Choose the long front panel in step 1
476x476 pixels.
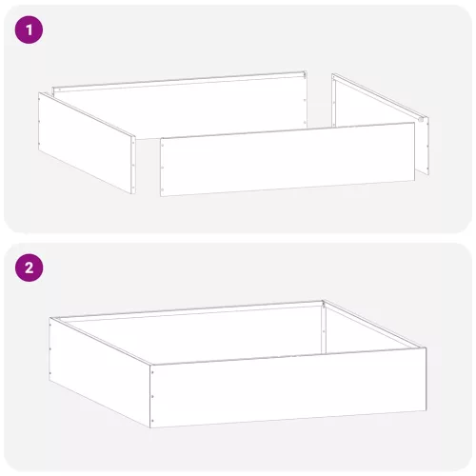pyautogui.click(x=286, y=162)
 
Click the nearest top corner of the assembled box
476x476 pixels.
pyautogui.click(x=149, y=363)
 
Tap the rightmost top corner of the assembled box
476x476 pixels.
pyautogui.click(x=426, y=348)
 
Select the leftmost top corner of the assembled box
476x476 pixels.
pyautogui.click(x=50, y=320)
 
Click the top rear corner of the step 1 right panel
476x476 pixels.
pyautogui.click(x=335, y=74)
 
